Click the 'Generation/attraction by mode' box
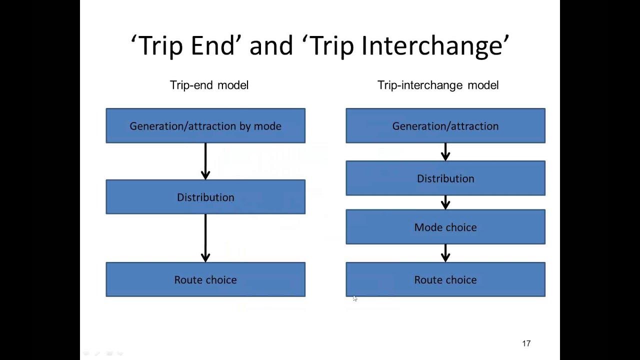pyautogui.click(x=205, y=126)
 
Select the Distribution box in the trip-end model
pyautogui.click(x=205, y=197)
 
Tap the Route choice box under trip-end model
pyautogui.click(x=205, y=279)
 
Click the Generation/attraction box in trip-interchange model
pyautogui.click(x=445, y=126)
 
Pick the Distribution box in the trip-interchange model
pyautogui.click(x=445, y=178)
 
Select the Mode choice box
pyautogui.click(x=445, y=227)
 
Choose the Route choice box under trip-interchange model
pyautogui.click(x=445, y=279)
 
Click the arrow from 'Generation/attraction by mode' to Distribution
pyautogui.click(x=205, y=161)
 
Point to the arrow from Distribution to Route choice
pyautogui.click(x=205, y=238)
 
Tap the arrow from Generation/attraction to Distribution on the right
pyautogui.click(x=445, y=152)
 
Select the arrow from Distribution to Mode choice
pyautogui.click(x=445, y=202)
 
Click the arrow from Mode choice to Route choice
pyautogui.click(x=445, y=253)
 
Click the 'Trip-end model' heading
pyautogui.click(x=209, y=85)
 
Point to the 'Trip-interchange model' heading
pyautogui.click(x=438, y=85)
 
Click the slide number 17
pyautogui.click(x=526, y=343)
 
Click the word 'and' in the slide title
pyautogui.click(x=271, y=46)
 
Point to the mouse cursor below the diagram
pyautogui.click(x=354, y=298)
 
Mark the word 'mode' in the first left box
pyautogui.click(x=267, y=126)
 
